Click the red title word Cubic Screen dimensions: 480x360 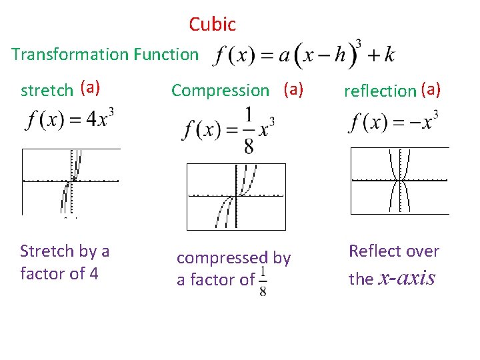[212, 25]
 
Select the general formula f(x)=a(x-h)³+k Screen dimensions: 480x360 [303, 54]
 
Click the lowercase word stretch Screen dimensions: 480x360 [47, 90]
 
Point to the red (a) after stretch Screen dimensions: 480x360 [89, 87]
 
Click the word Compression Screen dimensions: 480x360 [220, 90]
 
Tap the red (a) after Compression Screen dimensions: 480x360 [293, 88]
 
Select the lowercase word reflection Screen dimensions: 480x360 [379, 91]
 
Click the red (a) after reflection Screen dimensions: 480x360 [431, 89]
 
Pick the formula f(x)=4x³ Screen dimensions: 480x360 [70, 121]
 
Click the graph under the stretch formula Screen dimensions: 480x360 [71, 181]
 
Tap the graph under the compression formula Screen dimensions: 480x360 [236, 196]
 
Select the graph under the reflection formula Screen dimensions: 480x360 [399, 181]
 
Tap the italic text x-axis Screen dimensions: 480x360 [407, 277]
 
